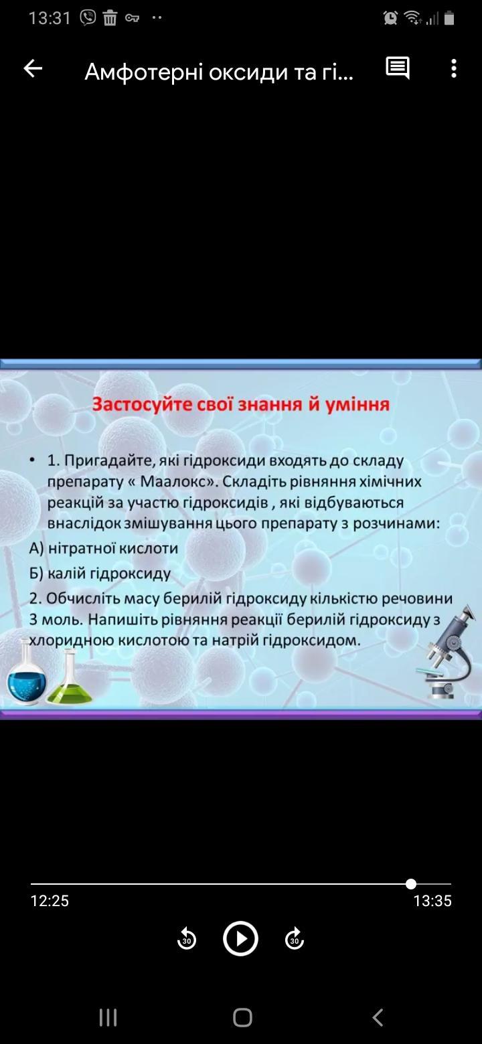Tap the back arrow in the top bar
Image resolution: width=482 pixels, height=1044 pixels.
pos(33,68)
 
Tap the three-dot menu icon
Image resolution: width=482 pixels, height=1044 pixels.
pos(454,68)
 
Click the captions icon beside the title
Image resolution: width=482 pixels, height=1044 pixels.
pos(398,68)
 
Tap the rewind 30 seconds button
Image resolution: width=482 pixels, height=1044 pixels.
pos(187,939)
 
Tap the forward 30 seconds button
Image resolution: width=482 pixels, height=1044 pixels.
pos(294,939)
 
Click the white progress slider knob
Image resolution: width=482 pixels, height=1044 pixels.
pos(410,883)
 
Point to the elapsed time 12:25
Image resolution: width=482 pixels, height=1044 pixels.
pos(50,901)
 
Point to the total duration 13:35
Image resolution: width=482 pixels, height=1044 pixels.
pos(432,901)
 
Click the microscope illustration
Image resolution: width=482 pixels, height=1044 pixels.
pos(447,652)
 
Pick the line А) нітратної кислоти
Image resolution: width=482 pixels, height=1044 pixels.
pos(104,548)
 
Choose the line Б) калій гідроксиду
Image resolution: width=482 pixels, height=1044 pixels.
pos(100,573)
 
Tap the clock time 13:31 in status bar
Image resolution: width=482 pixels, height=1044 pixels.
pos(50,18)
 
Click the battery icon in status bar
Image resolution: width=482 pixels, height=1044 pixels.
pos(449,18)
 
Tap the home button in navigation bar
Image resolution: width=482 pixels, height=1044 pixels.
pos(242,1018)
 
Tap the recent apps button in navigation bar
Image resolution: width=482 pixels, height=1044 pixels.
pos(108,1018)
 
